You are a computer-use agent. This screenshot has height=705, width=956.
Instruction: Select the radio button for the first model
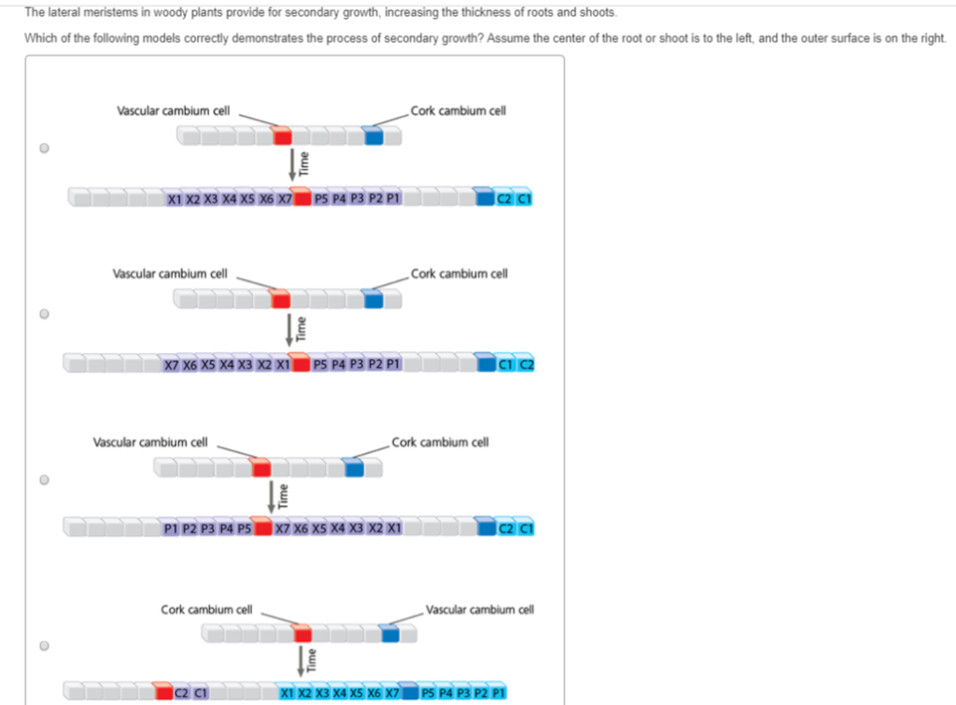click(44, 148)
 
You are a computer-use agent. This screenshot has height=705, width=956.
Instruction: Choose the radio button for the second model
click(44, 315)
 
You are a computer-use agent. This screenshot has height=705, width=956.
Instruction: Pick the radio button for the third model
click(44, 480)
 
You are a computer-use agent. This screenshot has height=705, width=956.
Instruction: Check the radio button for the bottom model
click(44, 645)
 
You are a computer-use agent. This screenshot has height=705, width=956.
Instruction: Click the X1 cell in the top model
click(175, 199)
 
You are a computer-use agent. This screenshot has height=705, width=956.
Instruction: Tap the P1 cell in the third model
click(170, 529)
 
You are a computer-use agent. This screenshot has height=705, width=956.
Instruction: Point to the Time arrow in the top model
click(293, 163)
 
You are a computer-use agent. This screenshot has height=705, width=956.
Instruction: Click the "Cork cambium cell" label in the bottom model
click(206, 610)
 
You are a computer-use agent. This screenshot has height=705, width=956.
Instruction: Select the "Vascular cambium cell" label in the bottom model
click(480, 610)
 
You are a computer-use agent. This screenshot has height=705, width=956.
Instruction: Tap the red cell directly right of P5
click(263, 529)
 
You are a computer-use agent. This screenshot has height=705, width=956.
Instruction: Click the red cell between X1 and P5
click(301, 364)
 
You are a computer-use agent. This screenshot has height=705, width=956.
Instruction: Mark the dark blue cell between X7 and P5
click(409, 694)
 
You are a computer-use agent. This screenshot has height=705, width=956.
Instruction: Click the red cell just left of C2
click(163, 694)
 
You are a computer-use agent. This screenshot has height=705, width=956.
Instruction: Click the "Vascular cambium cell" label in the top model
click(173, 110)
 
